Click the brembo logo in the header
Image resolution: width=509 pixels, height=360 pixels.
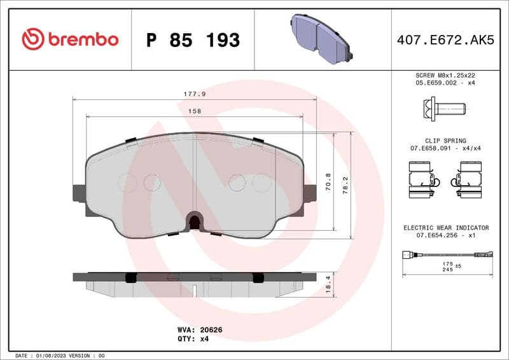point(70,39)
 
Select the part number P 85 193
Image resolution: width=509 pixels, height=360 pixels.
point(193,40)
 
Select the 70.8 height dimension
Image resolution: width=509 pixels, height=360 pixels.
point(328,183)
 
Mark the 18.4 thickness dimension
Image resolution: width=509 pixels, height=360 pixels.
point(328,284)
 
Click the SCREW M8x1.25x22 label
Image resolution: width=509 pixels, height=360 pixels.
point(445,75)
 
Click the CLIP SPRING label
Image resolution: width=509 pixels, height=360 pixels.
point(445,141)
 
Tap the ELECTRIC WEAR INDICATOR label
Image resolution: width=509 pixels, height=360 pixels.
point(446,227)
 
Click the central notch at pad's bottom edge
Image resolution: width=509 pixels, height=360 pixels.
point(195,222)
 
